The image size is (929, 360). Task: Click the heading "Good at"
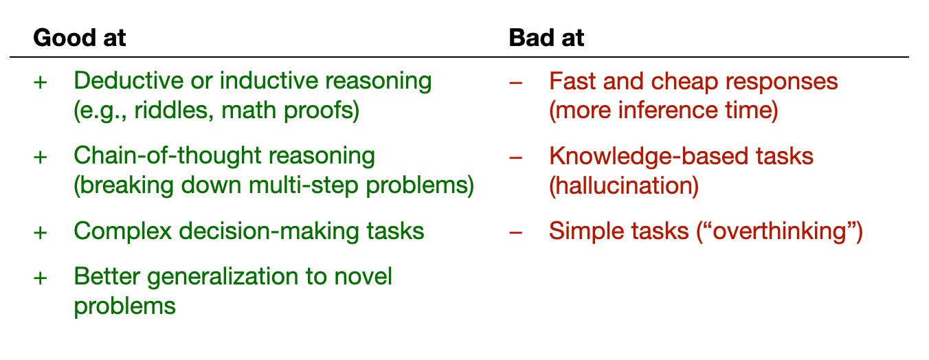[x=79, y=38]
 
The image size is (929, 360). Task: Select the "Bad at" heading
[x=546, y=38]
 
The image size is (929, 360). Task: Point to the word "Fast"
[x=571, y=81]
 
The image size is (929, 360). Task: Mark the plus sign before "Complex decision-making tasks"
[x=41, y=232]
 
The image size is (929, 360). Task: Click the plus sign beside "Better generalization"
[x=41, y=278]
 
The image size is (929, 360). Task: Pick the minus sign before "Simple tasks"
[x=515, y=232]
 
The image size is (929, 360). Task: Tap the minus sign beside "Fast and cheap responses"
[x=515, y=82]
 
